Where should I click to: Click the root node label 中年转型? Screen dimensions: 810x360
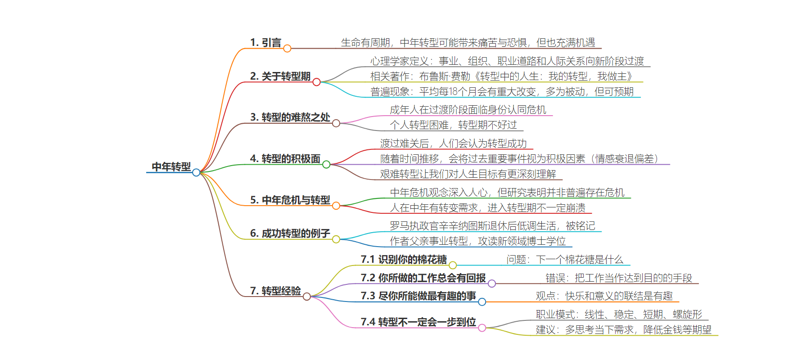pos(171,167)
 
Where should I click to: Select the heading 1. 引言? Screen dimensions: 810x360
pos(265,43)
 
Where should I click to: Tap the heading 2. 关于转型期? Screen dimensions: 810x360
pos(280,76)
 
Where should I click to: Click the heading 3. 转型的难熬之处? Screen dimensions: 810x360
pos(290,117)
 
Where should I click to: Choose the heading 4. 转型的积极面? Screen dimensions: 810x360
pos(285,159)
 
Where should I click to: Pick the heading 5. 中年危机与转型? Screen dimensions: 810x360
pos(290,200)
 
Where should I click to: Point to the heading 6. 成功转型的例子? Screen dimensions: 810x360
pos(290,234)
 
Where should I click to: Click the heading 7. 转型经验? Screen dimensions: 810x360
pos(275,291)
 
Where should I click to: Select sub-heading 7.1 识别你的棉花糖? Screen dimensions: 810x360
pos(404,260)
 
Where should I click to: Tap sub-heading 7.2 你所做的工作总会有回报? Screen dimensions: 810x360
pos(423,278)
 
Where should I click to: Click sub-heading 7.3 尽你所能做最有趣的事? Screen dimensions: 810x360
pos(418,296)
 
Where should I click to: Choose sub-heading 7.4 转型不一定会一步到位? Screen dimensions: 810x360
pos(418,322)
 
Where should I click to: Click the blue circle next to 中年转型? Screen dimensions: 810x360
pos(196,172)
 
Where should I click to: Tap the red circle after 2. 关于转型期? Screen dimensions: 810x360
pos(316,82)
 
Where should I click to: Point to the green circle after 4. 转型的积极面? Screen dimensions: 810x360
pos(326,165)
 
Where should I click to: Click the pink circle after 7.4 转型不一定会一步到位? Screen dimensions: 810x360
pos(482,328)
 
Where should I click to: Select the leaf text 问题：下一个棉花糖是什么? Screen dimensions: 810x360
pos(565,260)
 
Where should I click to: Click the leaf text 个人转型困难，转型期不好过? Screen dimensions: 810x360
pos(453,125)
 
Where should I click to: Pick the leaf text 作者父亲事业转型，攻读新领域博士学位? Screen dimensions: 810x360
pos(478,241)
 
